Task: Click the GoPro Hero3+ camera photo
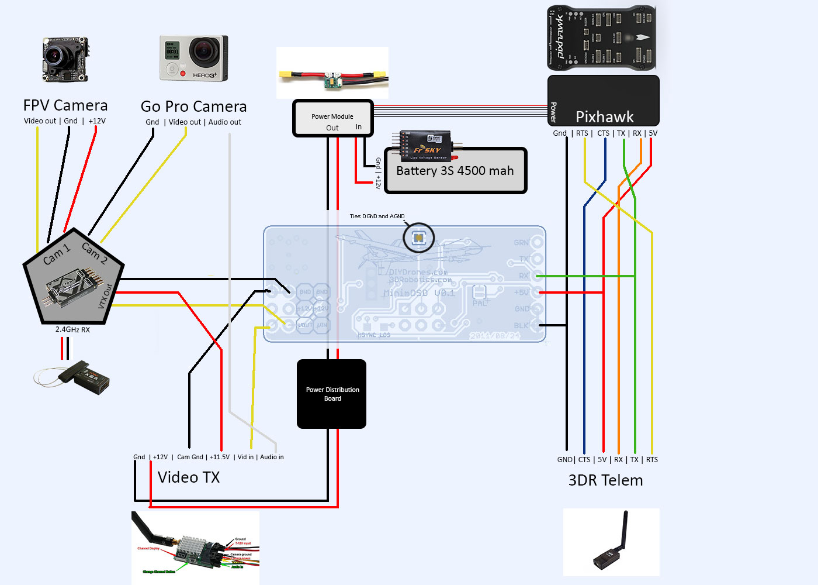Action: [193, 58]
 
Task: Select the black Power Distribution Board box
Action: [332, 394]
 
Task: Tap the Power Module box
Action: [332, 119]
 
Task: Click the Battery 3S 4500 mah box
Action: [455, 171]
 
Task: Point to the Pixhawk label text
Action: [604, 116]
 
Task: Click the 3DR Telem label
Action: [605, 480]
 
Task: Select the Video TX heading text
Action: [189, 477]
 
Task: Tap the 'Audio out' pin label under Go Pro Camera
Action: [225, 122]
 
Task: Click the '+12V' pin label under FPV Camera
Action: [97, 121]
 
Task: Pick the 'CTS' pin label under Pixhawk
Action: [603, 133]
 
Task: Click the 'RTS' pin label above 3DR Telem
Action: [652, 460]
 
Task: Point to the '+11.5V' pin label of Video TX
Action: [220, 457]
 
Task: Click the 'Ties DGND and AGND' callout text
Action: [377, 216]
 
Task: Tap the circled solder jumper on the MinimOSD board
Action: [419, 238]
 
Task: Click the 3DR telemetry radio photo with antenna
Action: [611, 542]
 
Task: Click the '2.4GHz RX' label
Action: [72, 330]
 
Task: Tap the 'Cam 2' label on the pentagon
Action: [94, 252]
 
